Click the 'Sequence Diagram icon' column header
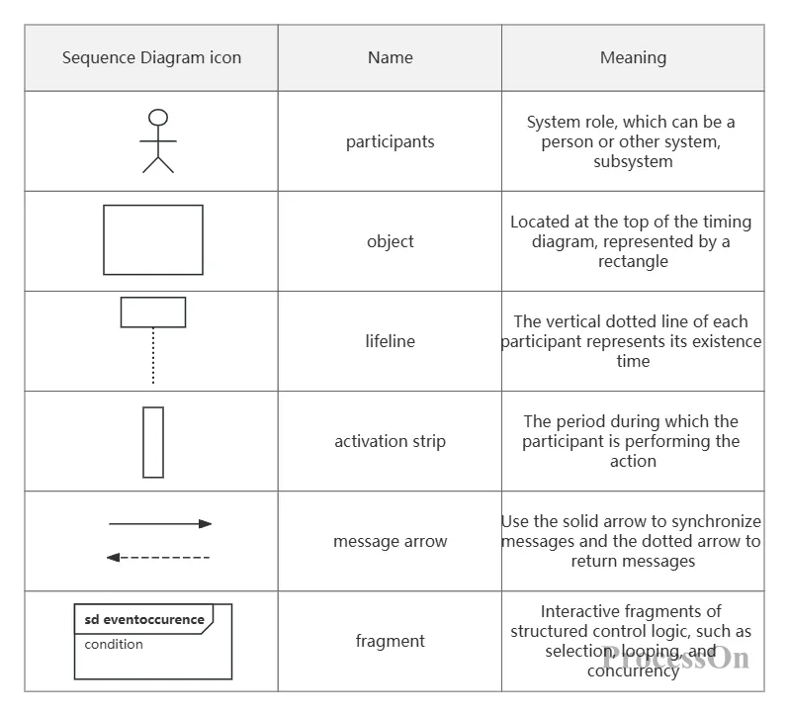point(151,58)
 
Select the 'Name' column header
point(390,58)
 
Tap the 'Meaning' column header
point(633,58)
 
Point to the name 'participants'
point(390,141)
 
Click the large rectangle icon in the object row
point(153,205)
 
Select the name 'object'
point(390,241)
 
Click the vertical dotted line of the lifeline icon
point(153,355)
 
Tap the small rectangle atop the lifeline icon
point(153,298)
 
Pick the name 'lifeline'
point(390,341)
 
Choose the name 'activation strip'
point(390,441)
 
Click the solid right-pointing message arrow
point(160,524)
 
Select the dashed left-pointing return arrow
point(158,558)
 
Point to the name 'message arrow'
point(390,541)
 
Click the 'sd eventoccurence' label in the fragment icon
point(144,619)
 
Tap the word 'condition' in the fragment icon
point(114,644)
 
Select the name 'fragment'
point(390,641)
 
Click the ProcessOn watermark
point(675,657)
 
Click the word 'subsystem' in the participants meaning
point(633,161)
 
